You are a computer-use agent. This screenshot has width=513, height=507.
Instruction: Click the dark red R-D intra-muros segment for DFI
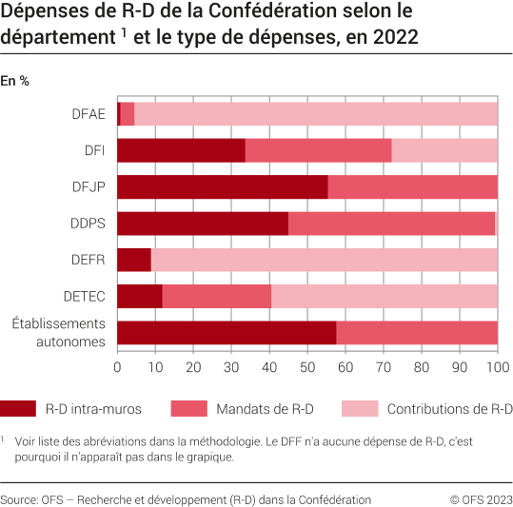pyautogui.click(x=181, y=150)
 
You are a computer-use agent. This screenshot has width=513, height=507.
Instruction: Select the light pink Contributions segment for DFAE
pyautogui.click(x=315, y=113)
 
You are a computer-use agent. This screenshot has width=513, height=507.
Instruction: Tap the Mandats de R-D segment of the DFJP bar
pyautogui.click(x=412, y=186)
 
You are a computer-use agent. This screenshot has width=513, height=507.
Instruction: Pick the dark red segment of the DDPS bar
pyautogui.click(x=202, y=223)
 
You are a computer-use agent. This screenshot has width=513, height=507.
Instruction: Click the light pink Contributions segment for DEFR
pyautogui.click(x=324, y=260)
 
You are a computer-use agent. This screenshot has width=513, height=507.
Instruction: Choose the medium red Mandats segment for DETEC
pyautogui.click(x=217, y=296)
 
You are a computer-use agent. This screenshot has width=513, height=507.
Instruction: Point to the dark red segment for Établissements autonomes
pyautogui.click(x=227, y=332)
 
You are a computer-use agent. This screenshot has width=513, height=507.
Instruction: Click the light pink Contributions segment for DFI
pyautogui.click(x=444, y=150)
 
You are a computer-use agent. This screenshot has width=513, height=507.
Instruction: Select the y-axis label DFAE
pyautogui.click(x=89, y=113)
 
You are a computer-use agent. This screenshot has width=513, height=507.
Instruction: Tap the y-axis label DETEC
pyautogui.click(x=86, y=296)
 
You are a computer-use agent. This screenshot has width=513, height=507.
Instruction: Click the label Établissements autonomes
pyautogui.click(x=57, y=333)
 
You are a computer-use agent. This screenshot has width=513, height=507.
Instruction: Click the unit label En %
pyautogui.click(x=15, y=81)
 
